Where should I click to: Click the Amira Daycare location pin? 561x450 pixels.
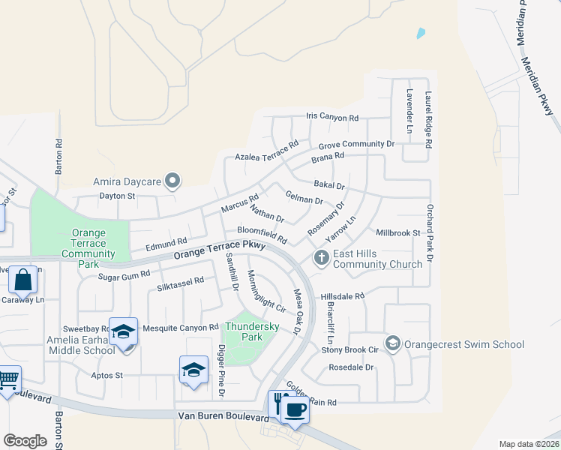click(x=173, y=181)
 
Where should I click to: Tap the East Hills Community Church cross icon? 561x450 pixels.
click(x=322, y=258)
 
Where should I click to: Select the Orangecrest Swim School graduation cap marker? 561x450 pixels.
click(x=391, y=343)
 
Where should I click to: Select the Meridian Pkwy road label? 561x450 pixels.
click(x=539, y=85)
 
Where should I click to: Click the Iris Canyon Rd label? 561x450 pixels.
click(x=332, y=118)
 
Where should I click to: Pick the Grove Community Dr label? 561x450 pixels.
click(x=356, y=144)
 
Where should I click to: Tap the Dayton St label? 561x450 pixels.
click(x=116, y=196)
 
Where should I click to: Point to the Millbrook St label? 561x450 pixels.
click(x=397, y=233)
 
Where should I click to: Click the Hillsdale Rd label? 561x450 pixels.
click(x=342, y=296)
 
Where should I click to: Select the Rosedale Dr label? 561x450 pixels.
click(x=351, y=367)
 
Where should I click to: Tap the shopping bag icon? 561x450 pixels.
click(x=23, y=280)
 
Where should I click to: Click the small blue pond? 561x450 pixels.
click(x=421, y=33)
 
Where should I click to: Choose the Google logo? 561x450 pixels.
click(x=25, y=440)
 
